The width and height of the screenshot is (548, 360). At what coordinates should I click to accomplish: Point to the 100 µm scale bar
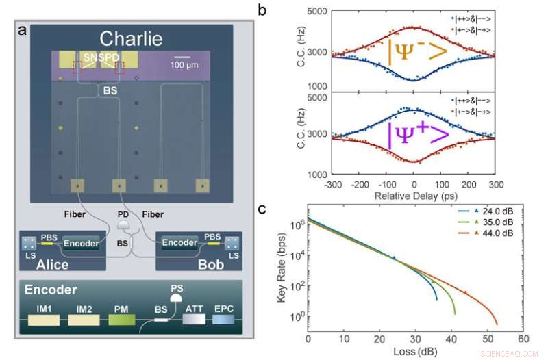tap(182, 58)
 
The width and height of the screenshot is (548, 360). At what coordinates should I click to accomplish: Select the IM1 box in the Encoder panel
tap(48, 319)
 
